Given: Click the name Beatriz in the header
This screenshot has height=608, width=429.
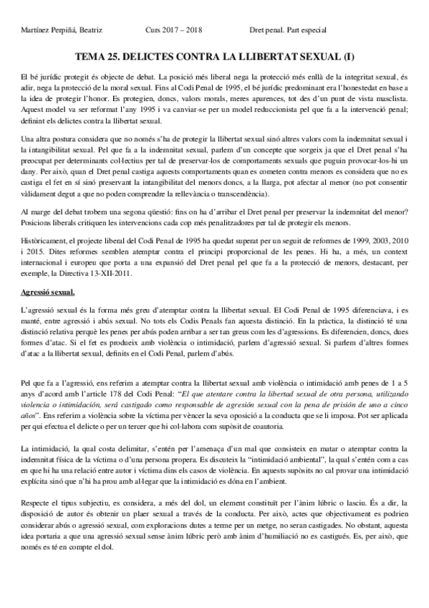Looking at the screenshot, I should [88, 31].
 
